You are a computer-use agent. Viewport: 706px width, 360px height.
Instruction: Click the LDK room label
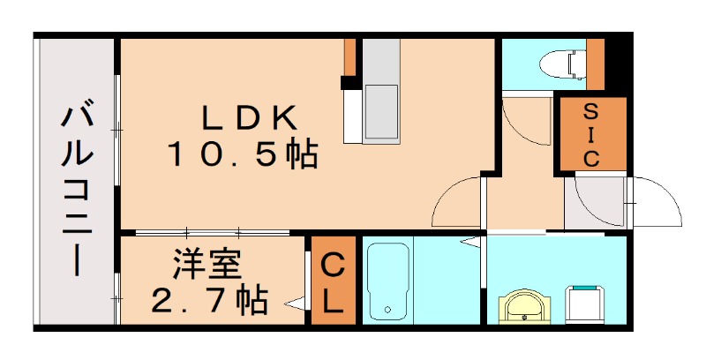(x=247, y=117)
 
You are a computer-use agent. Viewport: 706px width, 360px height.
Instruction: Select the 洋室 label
(x=208, y=264)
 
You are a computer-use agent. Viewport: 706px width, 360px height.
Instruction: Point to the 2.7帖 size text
(x=209, y=302)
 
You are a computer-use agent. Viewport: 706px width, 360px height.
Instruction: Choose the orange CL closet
(x=332, y=281)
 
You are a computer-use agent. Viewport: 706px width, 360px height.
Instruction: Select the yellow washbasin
(x=527, y=306)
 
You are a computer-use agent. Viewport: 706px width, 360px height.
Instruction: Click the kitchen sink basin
(x=382, y=111)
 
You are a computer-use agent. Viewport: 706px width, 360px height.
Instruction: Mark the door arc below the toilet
(x=526, y=124)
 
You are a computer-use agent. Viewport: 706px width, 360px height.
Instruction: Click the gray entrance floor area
(x=593, y=203)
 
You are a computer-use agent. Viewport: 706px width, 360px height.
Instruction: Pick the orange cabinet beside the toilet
(x=595, y=64)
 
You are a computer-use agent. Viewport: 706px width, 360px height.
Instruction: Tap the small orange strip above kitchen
(x=349, y=58)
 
